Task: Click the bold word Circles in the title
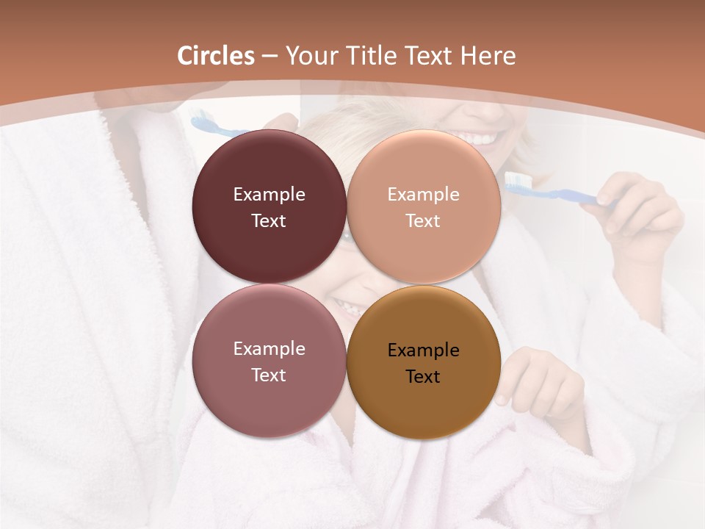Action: [215, 56]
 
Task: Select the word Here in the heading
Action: [488, 56]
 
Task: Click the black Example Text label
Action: [424, 363]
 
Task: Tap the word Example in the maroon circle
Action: [269, 195]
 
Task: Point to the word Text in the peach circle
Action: [424, 221]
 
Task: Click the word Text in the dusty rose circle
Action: [269, 375]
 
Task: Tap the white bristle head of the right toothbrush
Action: [516, 180]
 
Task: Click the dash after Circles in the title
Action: [269, 56]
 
